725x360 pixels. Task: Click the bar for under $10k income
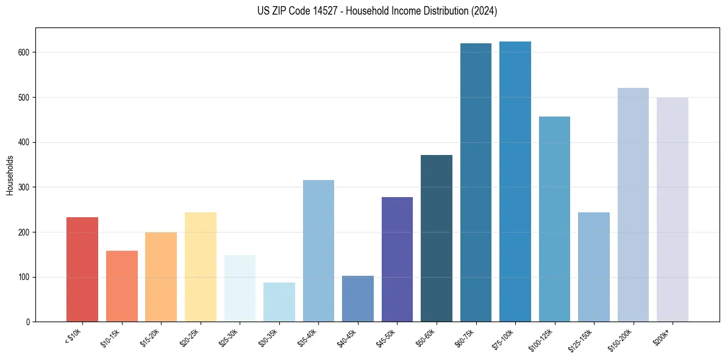[x=82, y=269]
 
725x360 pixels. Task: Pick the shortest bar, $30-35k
[x=279, y=302]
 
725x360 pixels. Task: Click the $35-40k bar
[x=318, y=251]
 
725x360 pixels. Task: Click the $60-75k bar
[x=476, y=182]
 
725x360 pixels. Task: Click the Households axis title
[x=10, y=175]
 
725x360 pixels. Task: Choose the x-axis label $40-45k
[x=346, y=337]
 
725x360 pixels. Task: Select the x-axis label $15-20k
[x=150, y=337]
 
